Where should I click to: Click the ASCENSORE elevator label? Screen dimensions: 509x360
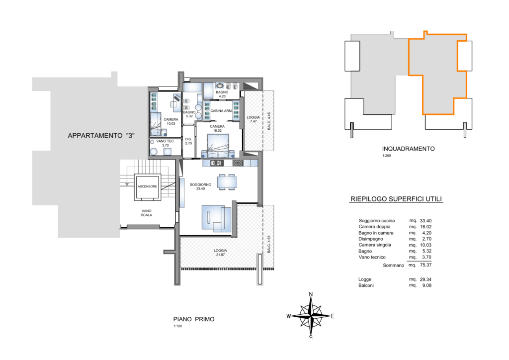click(147, 186)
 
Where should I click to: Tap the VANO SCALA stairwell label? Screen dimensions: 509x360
click(147, 213)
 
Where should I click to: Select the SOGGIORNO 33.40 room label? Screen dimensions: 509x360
click(201, 186)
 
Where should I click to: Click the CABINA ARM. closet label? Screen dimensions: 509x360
click(221, 111)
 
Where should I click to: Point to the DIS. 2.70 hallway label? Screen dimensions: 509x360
click(188, 141)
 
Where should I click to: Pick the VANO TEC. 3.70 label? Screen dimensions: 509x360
click(166, 143)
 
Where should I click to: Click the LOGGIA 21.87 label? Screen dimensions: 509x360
click(220, 253)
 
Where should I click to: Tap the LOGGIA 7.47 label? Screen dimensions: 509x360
click(253, 119)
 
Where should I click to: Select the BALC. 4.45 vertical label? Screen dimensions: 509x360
click(269, 121)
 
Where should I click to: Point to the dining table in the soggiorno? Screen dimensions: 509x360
click(227, 181)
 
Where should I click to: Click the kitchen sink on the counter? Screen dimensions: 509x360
click(217, 163)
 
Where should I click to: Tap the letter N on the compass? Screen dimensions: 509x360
click(311, 294)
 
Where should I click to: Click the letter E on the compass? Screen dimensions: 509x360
click(333, 316)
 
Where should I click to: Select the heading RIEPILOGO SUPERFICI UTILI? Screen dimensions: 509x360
click(396, 199)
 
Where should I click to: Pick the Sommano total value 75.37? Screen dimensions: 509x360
click(425, 265)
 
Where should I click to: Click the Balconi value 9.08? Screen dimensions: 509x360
click(427, 285)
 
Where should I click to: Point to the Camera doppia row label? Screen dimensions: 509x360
click(374, 227)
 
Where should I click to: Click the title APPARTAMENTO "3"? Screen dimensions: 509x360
click(101, 136)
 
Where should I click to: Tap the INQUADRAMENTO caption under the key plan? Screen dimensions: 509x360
click(409, 149)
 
